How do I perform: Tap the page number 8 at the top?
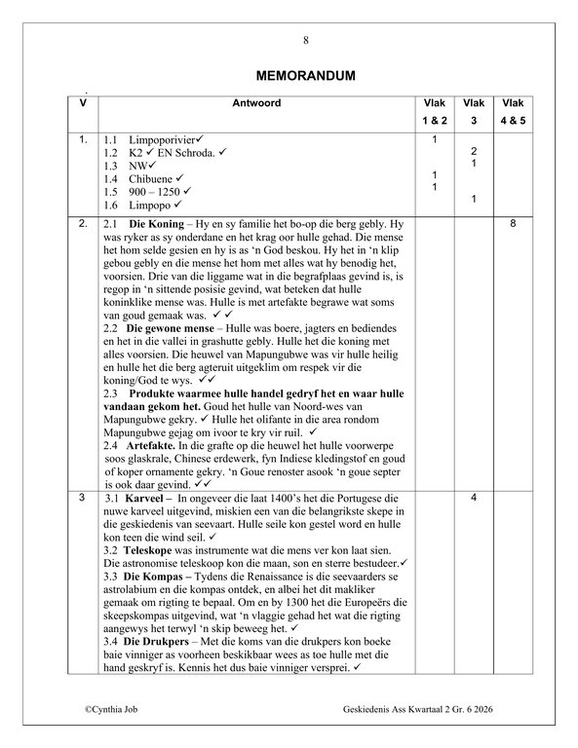[x=305, y=40]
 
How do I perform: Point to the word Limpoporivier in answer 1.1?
[x=161, y=142]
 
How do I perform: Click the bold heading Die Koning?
[x=156, y=224]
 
